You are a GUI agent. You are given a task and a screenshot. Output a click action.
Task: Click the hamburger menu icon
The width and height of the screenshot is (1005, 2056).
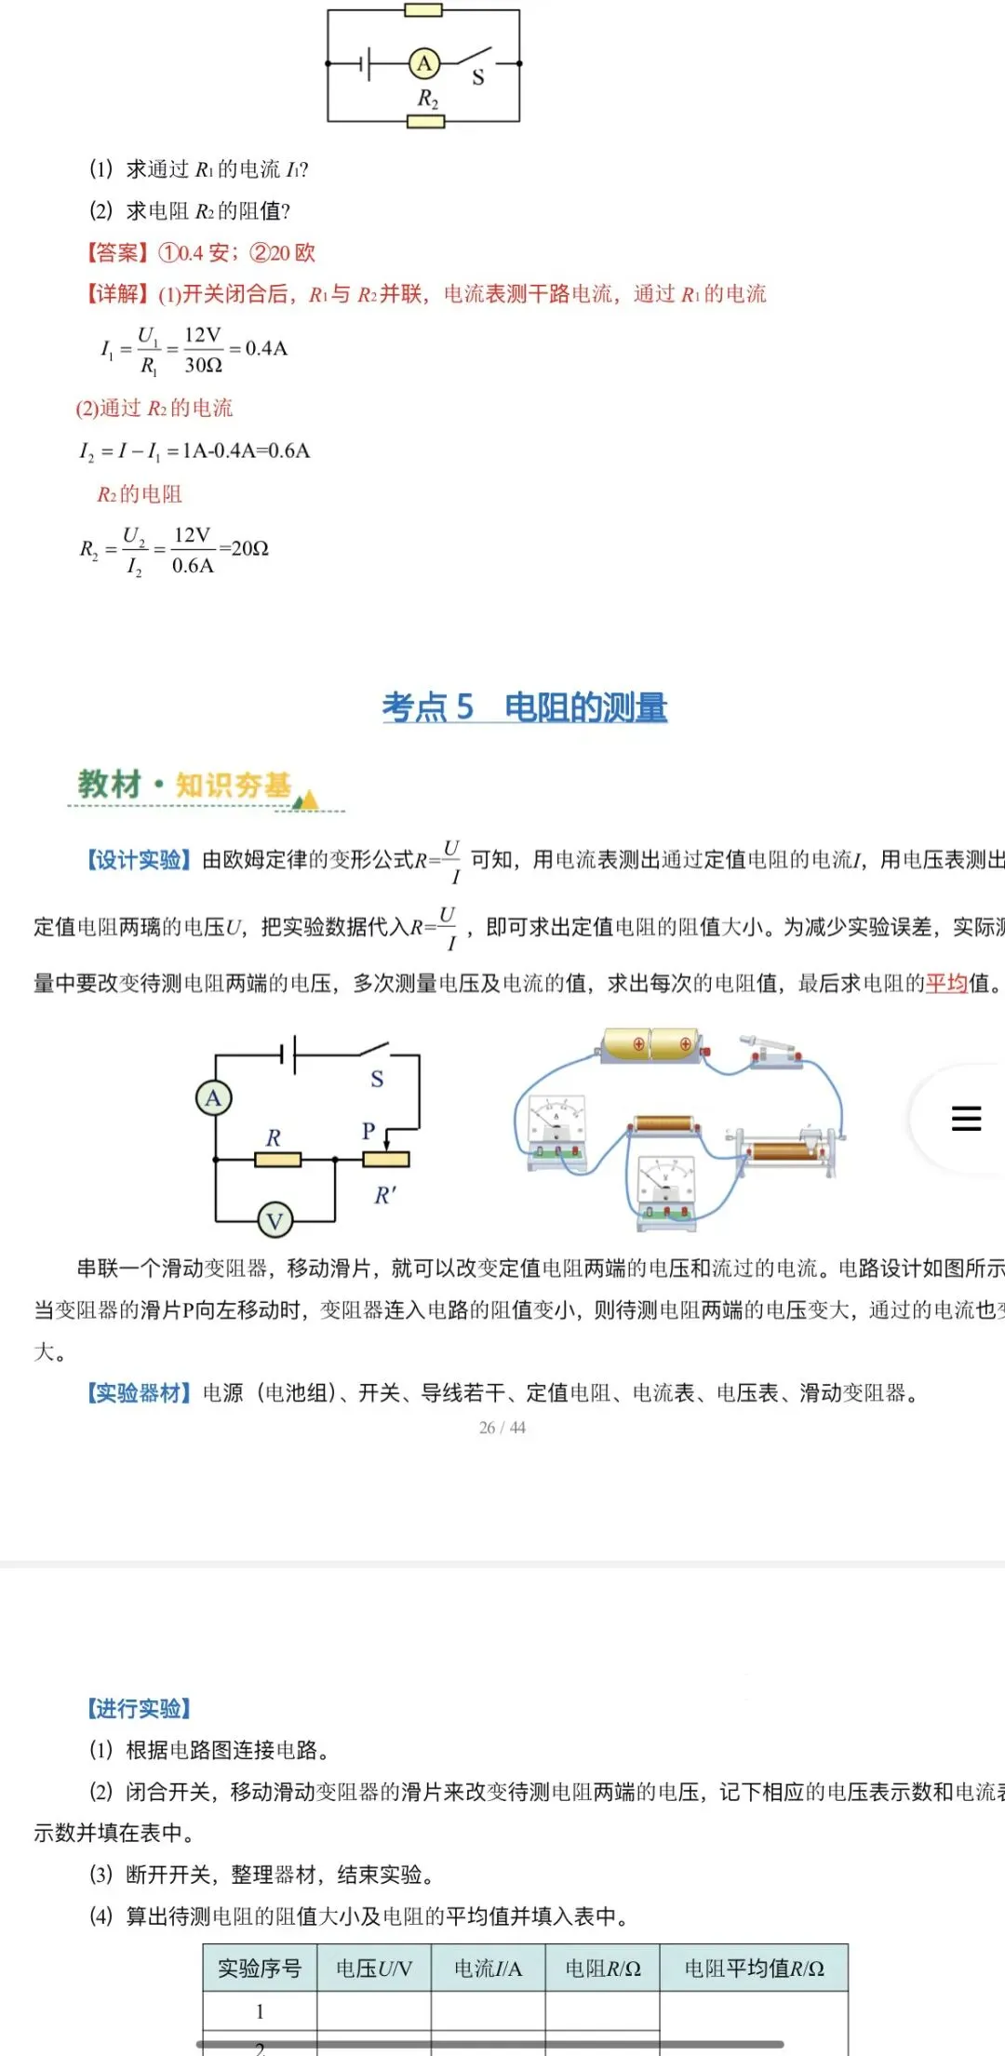click(x=966, y=1118)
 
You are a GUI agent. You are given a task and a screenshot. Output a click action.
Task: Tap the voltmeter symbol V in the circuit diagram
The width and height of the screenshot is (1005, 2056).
click(x=275, y=1219)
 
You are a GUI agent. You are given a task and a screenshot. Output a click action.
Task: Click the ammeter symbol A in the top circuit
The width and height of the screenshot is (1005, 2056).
click(x=424, y=63)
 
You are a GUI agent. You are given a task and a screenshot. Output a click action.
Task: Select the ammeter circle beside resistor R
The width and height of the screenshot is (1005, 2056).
click(x=213, y=1098)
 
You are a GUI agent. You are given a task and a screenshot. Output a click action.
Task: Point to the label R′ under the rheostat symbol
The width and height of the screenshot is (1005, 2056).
click(x=385, y=1195)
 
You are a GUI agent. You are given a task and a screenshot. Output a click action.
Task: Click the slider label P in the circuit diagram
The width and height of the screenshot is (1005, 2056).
click(x=368, y=1131)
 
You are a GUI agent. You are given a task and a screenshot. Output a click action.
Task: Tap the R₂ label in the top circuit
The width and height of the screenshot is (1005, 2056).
click(x=427, y=99)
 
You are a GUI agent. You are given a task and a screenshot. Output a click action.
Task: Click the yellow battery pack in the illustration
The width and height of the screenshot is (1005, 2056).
click(x=651, y=1044)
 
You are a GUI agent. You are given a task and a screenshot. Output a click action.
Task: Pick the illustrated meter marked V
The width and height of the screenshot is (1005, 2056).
click(x=666, y=1187)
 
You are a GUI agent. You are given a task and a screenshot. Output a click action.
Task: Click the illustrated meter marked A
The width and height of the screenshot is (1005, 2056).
click(x=557, y=1128)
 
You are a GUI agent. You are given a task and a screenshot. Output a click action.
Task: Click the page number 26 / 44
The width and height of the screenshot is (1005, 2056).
click(x=502, y=1428)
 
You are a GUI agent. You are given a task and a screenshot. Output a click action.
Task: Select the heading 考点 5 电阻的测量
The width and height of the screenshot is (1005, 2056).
click(x=524, y=707)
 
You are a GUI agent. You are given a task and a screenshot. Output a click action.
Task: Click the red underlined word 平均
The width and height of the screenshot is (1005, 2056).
click(x=946, y=983)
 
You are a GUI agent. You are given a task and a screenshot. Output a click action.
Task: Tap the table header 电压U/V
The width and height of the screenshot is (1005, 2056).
click(x=374, y=1969)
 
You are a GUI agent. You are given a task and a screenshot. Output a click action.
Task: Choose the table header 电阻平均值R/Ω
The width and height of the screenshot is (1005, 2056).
click(x=754, y=1969)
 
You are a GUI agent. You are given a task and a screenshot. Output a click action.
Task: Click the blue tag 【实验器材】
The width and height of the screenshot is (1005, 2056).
click(x=139, y=1392)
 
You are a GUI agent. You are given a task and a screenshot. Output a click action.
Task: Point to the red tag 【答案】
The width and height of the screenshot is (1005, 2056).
click(x=116, y=252)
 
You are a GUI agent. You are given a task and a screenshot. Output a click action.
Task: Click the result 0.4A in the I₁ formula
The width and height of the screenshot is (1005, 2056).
click(x=266, y=348)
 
